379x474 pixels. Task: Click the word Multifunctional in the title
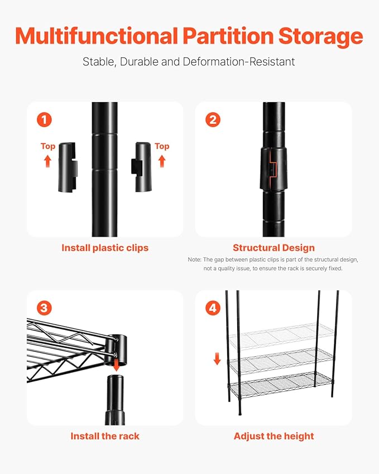[x=97, y=36]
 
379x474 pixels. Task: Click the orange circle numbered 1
[x=45, y=119]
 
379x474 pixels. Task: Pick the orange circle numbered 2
[x=213, y=119]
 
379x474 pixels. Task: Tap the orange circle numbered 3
[x=44, y=308]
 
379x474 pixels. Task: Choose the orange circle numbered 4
[x=213, y=308]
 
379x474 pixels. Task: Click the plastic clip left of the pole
[x=68, y=167]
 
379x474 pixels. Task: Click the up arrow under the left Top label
[x=47, y=161]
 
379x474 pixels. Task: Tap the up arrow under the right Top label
[x=162, y=161]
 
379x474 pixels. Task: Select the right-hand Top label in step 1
[x=162, y=146]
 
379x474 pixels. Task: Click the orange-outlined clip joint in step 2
[x=273, y=169]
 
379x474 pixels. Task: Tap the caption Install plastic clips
[x=105, y=248]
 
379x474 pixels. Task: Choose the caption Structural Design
[x=274, y=248]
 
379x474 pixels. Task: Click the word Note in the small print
[x=194, y=260]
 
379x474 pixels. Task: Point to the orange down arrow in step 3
[x=116, y=365]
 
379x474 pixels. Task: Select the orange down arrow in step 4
[x=217, y=359]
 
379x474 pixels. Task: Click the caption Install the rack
[x=105, y=436]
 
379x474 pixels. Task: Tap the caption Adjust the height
[x=274, y=436]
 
